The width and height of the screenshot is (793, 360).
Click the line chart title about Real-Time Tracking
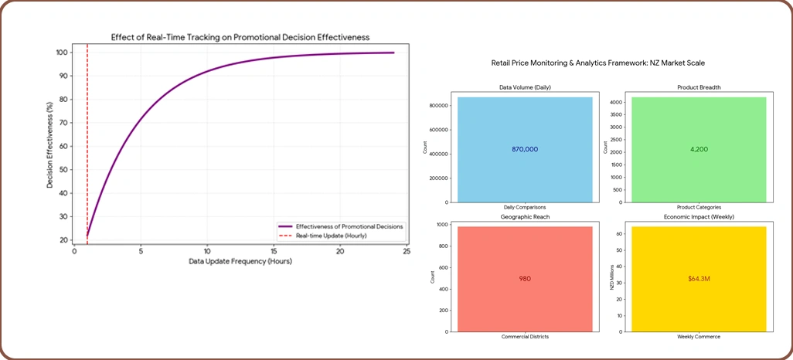(x=240, y=37)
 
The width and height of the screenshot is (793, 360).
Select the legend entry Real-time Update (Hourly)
(x=332, y=236)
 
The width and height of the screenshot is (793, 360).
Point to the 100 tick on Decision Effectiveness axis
(x=63, y=53)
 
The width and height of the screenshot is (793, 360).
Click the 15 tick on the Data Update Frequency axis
(x=274, y=251)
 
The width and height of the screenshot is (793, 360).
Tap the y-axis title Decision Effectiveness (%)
(x=50, y=147)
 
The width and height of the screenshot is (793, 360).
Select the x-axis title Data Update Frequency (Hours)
(x=240, y=262)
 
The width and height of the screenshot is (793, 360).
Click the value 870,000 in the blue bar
(x=525, y=150)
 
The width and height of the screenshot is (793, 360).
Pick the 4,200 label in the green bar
(x=699, y=150)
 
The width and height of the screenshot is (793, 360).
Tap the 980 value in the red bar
(x=525, y=278)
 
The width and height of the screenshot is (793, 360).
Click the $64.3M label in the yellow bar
(x=699, y=278)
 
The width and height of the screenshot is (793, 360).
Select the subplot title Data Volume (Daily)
(x=525, y=88)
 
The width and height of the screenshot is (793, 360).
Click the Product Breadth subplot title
(x=699, y=88)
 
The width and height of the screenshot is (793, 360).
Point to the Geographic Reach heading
(x=525, y=217)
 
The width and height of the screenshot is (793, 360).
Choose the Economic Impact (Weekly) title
(x=699, y=217)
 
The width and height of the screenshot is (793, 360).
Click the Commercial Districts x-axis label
(x=525, y=337)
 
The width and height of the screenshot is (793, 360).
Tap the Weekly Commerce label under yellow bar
(x=699, y=337)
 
